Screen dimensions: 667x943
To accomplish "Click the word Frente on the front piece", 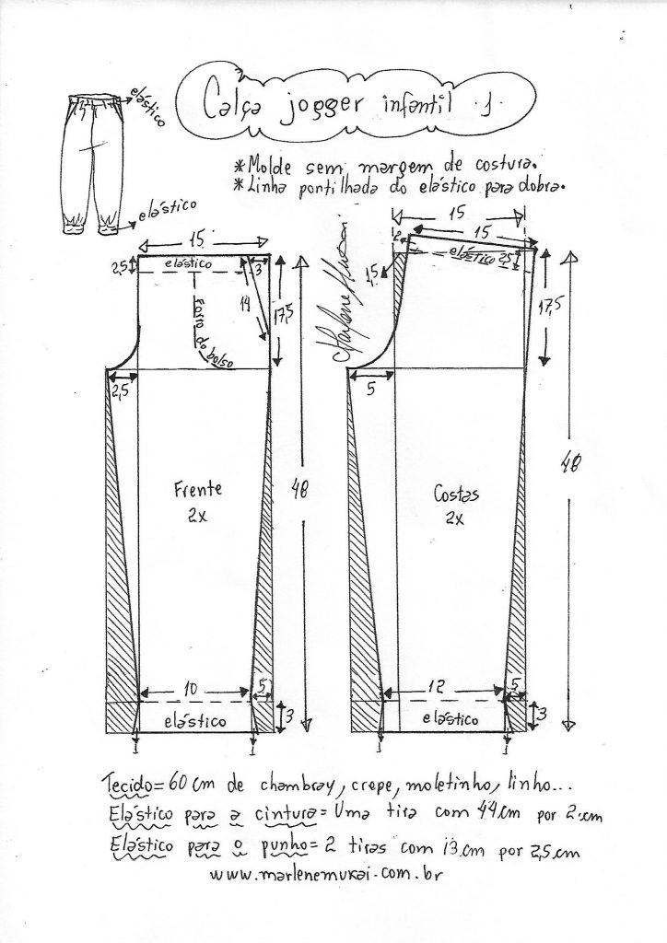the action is tap(198, 488).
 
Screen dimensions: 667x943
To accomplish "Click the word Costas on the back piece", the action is tap(457, 495).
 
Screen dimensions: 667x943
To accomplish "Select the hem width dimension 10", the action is tap(190, 689).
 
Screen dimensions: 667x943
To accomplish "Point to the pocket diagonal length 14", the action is tap(245, 304).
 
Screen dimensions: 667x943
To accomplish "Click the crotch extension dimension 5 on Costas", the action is tap(370, 390).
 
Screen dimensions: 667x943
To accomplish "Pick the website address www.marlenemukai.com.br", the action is tap(326, 874).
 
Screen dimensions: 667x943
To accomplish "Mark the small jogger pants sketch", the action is tap(91, 162).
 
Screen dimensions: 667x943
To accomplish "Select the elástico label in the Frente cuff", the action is tap(195, 720).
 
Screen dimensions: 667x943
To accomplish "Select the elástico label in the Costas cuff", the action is tap(451, 718).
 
